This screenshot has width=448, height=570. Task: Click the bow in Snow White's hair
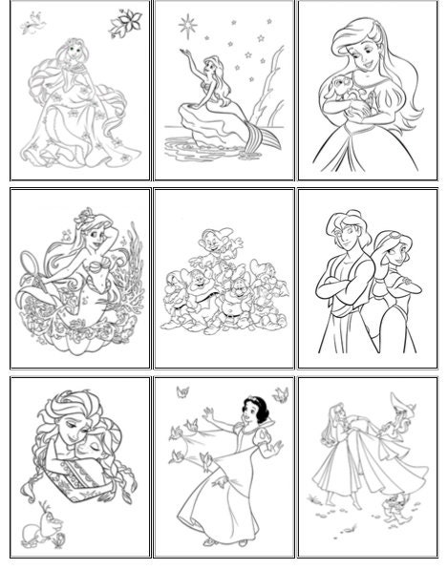[225, 396]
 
